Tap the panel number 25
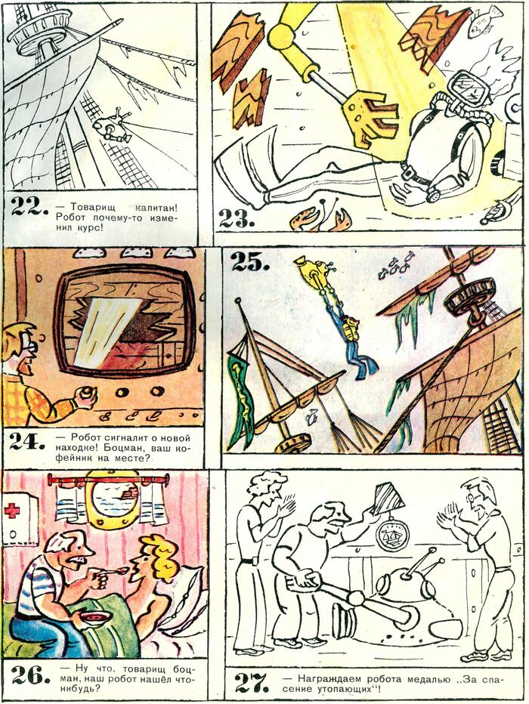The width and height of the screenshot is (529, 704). [x=250, y=263]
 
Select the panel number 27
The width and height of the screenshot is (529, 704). [x=252, y=684]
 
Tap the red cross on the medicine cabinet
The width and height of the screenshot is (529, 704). [x=11, y=511]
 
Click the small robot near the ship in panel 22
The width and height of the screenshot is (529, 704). [x=111, y=127]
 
